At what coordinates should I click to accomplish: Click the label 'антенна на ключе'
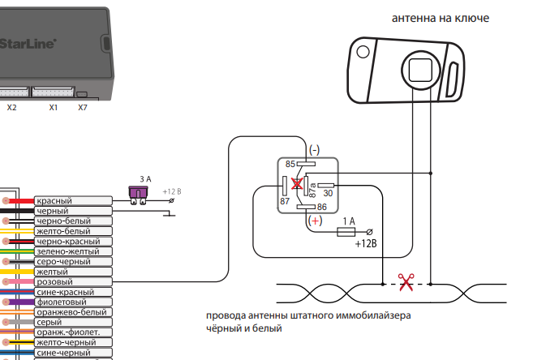point(441,18)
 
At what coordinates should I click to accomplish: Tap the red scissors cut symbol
point(405,283)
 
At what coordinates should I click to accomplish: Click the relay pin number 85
point(290,164)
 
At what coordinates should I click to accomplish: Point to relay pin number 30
point(329,193)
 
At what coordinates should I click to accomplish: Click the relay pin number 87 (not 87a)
point(285,200)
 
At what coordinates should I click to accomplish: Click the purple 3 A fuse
point(141,192)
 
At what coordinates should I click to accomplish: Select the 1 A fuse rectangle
point(348,232)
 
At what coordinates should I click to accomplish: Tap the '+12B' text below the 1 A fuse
point(366,242)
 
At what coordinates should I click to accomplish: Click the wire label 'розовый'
point(54,281)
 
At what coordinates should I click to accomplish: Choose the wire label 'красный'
point(54,201)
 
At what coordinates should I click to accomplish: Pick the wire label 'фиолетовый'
point(61,302)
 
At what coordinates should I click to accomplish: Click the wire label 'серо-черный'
point(63,262)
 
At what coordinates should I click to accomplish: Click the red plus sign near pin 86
point(315,220)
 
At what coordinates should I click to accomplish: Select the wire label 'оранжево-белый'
point(71,312)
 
